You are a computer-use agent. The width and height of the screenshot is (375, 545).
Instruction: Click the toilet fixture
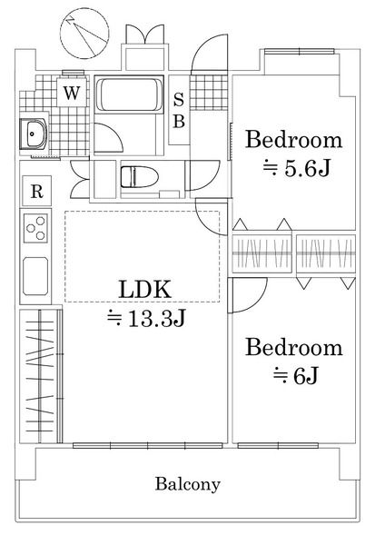point(139,177)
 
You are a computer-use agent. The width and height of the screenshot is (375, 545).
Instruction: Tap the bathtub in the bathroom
point(129,94)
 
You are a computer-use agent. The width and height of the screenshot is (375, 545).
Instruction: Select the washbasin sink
point(34,134)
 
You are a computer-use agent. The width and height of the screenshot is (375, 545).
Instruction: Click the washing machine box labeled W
point(71,92)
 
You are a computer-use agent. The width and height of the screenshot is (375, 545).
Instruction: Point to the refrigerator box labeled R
point(37,191)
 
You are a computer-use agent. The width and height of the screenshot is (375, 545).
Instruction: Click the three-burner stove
point(35,228)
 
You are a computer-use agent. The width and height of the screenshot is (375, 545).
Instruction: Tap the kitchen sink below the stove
point(35,276)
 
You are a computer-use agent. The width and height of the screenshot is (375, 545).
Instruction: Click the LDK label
point(145,290)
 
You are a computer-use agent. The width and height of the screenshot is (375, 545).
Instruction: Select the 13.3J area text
point(146,318)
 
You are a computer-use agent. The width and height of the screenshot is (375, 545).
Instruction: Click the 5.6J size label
point(296,169)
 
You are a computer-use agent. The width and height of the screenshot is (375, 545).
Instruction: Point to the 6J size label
point(295,376)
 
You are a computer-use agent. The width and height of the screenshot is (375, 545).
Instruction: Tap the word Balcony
point(188,484)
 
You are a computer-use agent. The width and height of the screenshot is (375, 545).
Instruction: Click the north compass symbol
point(84,34)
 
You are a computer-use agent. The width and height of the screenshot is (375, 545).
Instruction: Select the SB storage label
point(179,110)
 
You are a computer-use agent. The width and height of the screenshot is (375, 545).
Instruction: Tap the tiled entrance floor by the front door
point(209,93)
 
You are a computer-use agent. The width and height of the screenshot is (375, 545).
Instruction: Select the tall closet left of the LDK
point(41,376)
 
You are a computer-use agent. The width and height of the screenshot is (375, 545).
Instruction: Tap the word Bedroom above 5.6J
point(293,140)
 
